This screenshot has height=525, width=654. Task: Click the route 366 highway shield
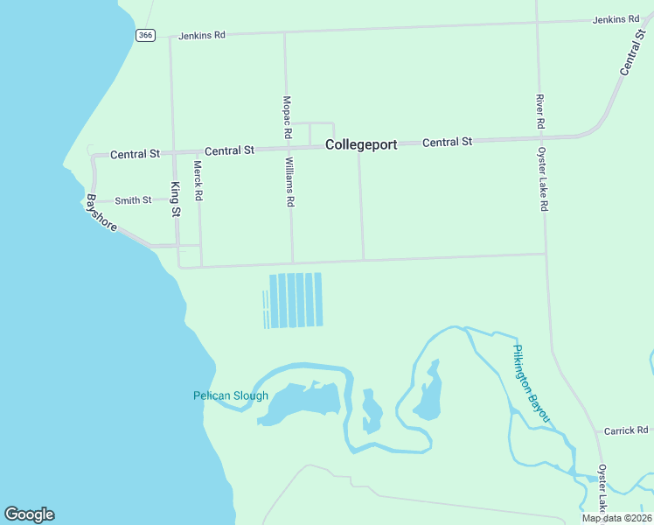[x=145, y=35]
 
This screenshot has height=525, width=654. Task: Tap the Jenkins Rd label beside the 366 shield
[x=202, y=36]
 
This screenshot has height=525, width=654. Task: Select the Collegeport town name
[x=361, y=145]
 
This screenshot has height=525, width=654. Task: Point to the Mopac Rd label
[x=286, y=118]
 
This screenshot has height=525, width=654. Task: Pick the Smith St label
[x=133, y=200]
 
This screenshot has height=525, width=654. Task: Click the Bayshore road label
[x=102, y=213]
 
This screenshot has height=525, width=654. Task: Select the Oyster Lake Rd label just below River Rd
[x=543, y=178]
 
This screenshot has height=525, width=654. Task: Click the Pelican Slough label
[x=231, y=395]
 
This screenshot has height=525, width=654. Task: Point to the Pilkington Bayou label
[x=532, y=384]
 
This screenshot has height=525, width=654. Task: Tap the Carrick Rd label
[x=626, y=430]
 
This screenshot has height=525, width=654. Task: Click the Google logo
[x=29, y=514]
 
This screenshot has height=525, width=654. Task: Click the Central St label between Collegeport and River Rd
[x=447, y=142]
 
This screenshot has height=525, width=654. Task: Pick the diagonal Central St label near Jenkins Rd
[x=631, y=54]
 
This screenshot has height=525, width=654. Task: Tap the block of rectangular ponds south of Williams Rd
[x=295, y=300]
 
